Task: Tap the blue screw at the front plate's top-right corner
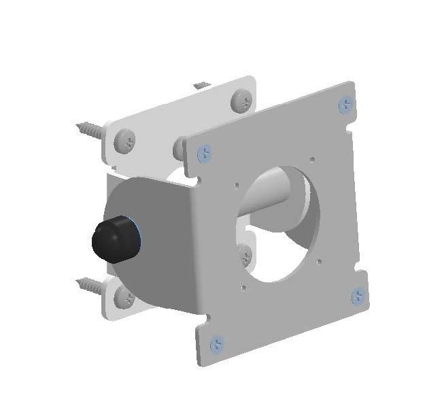pos(346,105)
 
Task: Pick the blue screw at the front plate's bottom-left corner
pos(216,344)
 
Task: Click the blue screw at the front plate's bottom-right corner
pos(358,296)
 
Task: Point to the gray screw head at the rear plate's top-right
pos(241,101)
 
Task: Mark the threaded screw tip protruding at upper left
pos(88,127)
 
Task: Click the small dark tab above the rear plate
pos(199,85)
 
